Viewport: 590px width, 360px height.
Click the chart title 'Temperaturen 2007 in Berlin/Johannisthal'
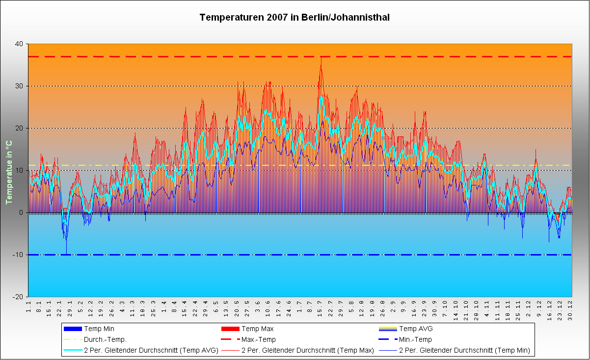(x=295, y=18)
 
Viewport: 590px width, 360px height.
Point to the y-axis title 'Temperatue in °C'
(x=8, y=171)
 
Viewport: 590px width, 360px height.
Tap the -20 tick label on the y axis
(x=18, y=297)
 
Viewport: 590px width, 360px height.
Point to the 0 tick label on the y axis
(x=21, y=212)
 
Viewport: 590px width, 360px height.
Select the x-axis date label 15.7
(x=320, y=307)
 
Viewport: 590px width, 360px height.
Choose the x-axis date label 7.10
(x=445, y=307)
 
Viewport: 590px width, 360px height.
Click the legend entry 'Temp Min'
(x=99, y=329)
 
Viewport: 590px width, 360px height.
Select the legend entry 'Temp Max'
(x=258, y=329)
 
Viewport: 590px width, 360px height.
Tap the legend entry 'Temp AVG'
(x=416, y=329)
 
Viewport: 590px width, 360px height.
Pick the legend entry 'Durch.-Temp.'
(x=105, y=339)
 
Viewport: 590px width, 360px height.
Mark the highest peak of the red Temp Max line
(x=321, y=57)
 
